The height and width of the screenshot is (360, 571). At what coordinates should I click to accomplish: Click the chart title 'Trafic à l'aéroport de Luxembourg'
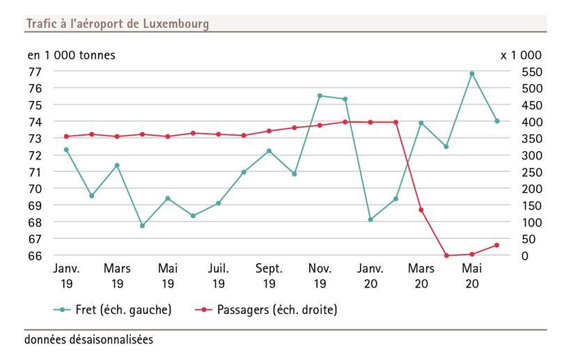click(117, 24)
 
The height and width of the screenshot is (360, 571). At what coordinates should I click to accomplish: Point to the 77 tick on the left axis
click(35, 71)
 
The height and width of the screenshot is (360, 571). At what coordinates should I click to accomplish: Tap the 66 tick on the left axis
click(35, 256)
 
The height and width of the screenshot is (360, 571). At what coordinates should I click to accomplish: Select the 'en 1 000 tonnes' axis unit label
click(71, 55)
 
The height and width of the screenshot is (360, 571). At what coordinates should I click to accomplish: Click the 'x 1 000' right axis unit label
click(520, 55)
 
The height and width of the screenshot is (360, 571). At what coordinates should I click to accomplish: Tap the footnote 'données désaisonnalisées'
click(88, 341)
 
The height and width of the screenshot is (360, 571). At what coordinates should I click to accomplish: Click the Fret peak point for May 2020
click(471, 73)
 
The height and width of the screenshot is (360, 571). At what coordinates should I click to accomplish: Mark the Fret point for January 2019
click(66, 150)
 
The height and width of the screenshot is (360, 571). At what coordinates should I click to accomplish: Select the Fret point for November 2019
click(320, 95)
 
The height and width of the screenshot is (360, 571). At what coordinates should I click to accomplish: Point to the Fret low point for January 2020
click(370, 219)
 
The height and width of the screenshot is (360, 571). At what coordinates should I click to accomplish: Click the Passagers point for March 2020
click(421, 210)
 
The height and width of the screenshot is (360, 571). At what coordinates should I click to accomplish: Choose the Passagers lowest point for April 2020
click(446, 256)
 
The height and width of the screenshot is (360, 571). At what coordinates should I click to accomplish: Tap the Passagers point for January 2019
click(66, 136)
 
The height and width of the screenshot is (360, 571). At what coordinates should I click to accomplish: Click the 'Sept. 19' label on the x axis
click(269, 276)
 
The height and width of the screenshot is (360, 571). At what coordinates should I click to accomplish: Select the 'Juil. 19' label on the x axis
click(218, 276)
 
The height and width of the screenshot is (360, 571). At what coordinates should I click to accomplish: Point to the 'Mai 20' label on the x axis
click(471, 276)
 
